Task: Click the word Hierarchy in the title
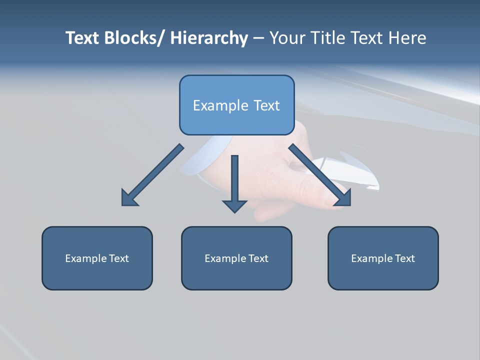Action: tap(208, 38)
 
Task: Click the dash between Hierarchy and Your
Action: tap(258, 38)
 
